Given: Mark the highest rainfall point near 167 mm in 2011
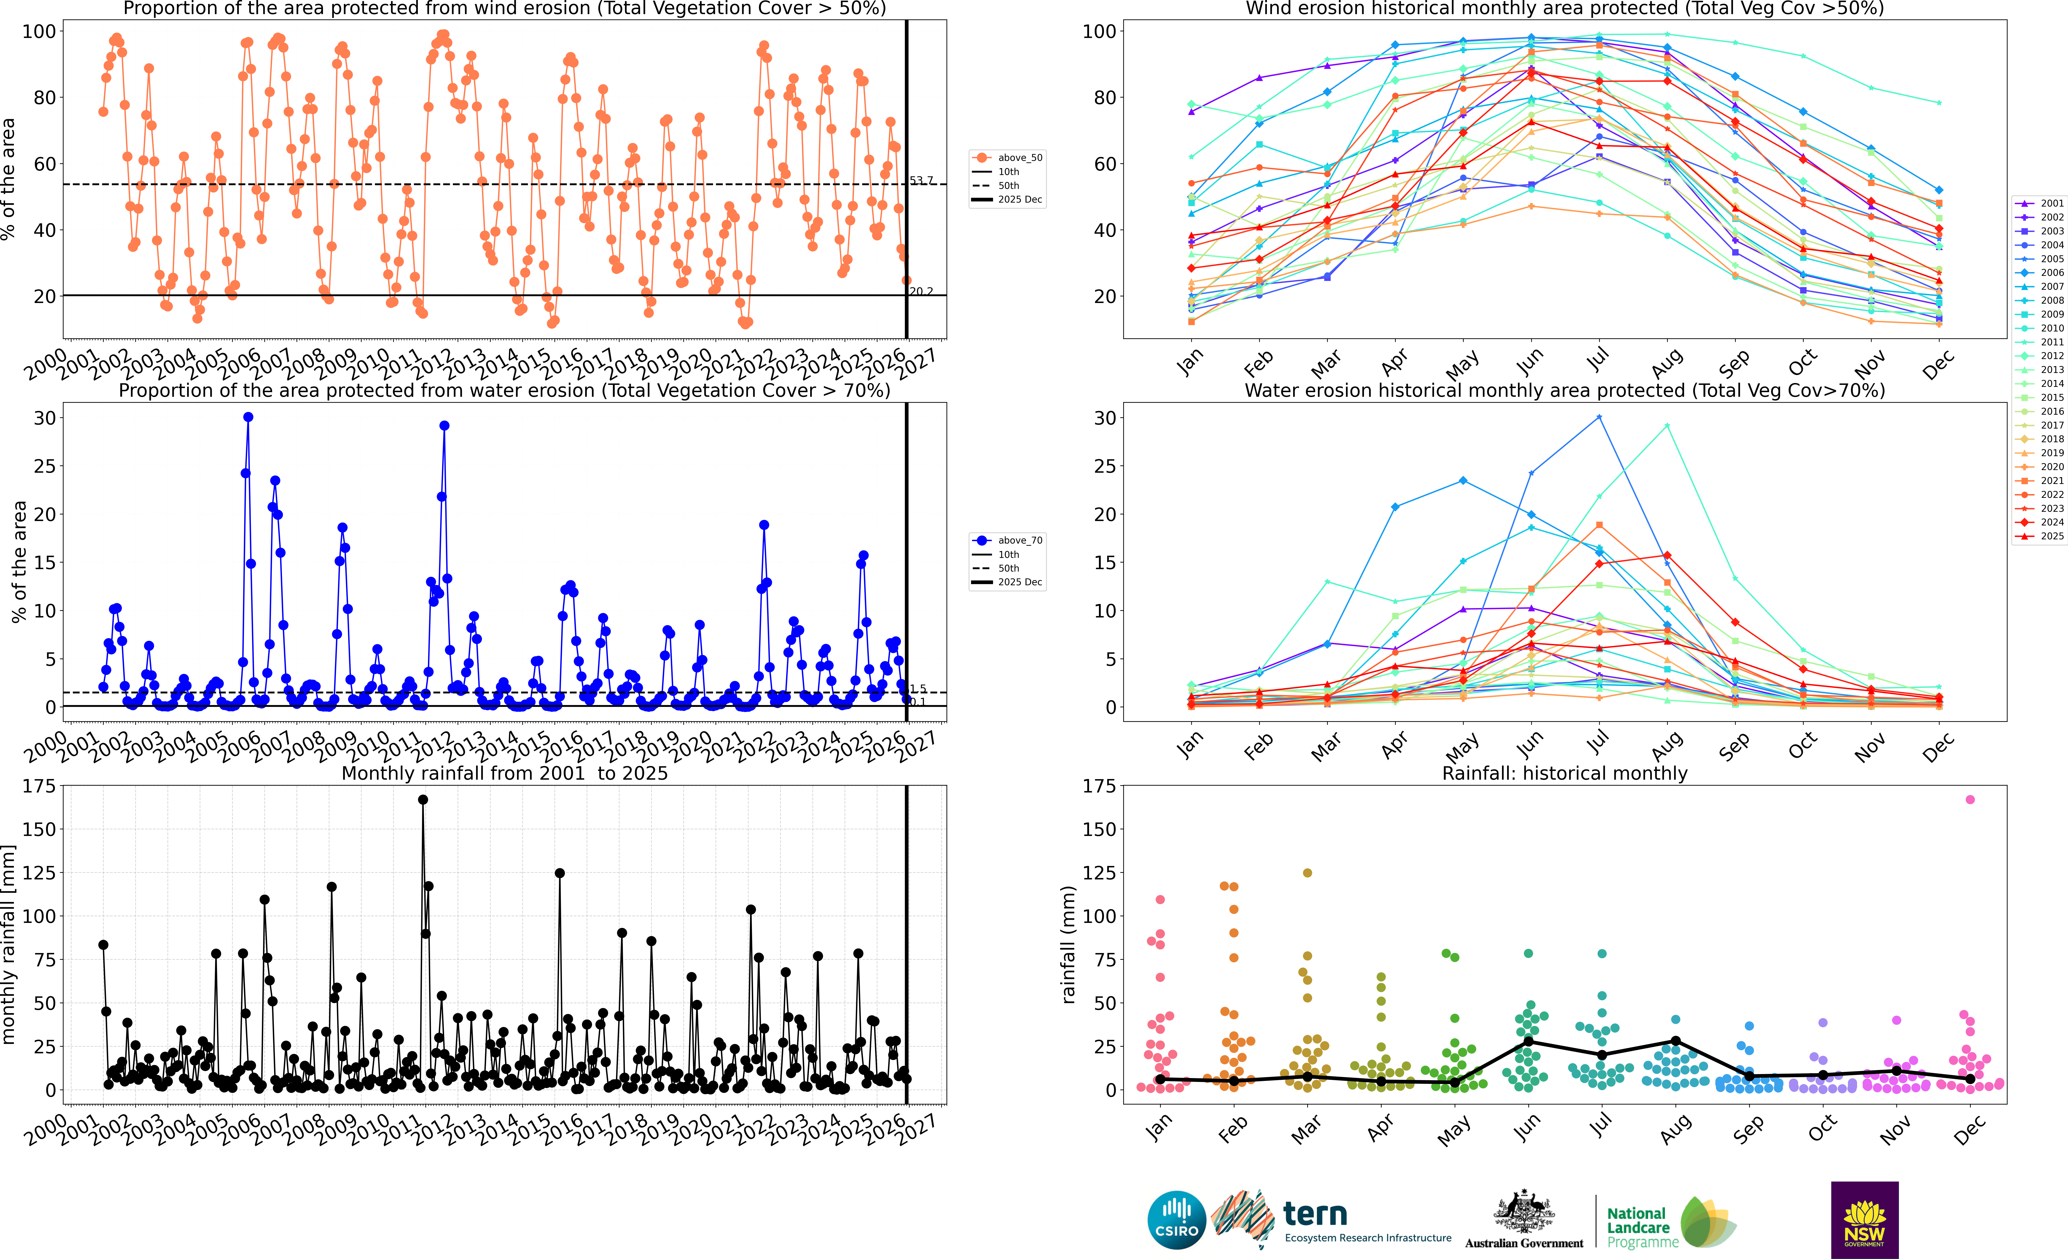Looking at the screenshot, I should coord(423,800).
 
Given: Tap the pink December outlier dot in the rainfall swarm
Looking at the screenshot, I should coord(1970,800).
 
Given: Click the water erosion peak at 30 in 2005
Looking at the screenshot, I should coord(248,417).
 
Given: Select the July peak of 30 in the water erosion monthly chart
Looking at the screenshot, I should coord(1599,417).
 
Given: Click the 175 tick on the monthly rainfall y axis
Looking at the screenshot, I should coord(39,787).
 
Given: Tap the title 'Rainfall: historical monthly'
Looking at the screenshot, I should coord(1565,773).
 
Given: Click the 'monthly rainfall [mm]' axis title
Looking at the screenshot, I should coord(9,944).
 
